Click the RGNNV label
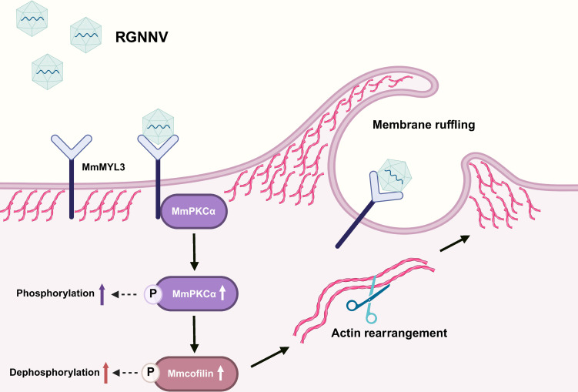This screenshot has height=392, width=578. [142, 37]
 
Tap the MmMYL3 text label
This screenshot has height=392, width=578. [103, 167]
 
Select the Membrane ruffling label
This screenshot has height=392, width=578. [423, 125]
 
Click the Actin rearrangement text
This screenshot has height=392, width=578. [389, 333]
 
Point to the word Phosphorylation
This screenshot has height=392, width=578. [55, 293]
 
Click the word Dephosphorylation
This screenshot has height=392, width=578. [55, 373]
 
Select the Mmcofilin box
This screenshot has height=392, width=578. [195, 374]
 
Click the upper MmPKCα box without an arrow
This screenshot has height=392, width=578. [193, 211]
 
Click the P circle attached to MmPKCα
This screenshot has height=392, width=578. [152, 294]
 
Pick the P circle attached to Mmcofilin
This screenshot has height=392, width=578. [150, 372]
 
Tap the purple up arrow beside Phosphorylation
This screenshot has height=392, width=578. [102, 294]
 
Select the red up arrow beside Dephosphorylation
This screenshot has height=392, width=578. [105, 373]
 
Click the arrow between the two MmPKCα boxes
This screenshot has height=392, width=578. [194, 252]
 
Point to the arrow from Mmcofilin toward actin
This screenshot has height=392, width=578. [270, 357]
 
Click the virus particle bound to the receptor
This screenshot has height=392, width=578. [158, 126]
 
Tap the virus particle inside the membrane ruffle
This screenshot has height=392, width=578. [394, 175]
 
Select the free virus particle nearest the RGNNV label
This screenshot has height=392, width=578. [86, 35]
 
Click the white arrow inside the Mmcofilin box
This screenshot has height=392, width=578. [220, 373]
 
